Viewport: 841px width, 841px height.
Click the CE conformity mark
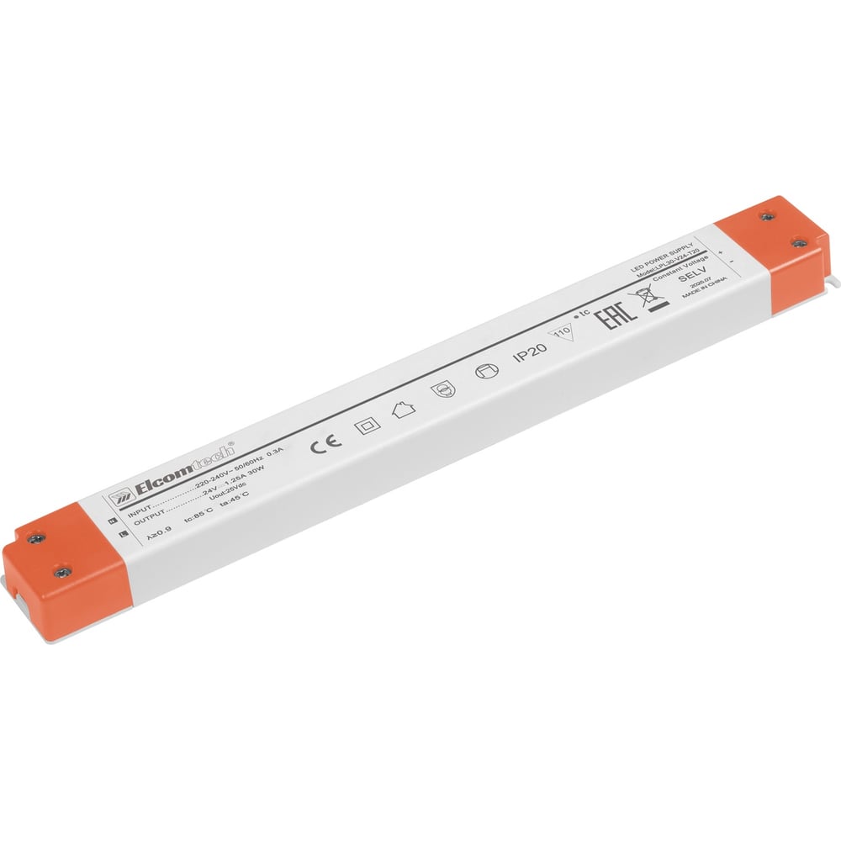click(x=321, y=444)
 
